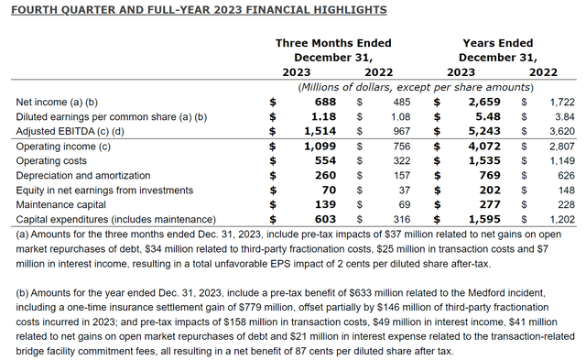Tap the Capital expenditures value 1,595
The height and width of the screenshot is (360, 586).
coord(483,219)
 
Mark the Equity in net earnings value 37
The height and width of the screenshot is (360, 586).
coord(399,190)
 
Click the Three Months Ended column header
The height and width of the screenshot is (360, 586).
coord(333,43)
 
